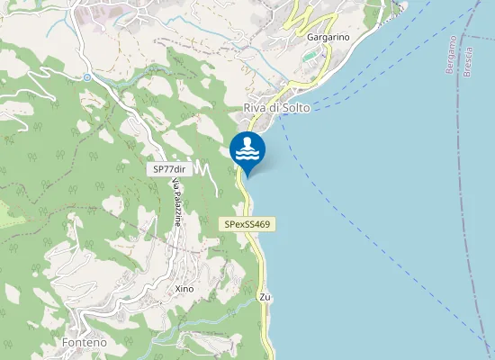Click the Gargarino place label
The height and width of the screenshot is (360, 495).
click(328, 37)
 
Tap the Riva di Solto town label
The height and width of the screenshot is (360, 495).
click(276, 108)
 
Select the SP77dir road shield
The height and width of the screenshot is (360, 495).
click(168, 168)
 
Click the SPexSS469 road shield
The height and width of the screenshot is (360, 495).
click(247, 223)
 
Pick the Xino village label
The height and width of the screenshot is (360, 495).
click(184, 289)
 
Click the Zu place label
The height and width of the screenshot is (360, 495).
click(265, 297)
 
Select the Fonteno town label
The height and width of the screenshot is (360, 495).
click(85, 343)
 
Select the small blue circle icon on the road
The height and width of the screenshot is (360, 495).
click(87, 77)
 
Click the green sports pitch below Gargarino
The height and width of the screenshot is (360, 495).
click(310, 57)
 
